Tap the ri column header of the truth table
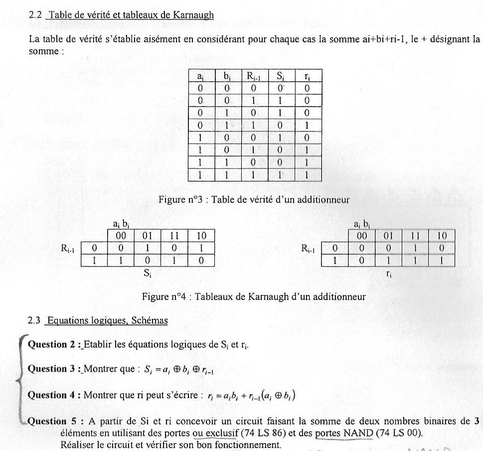tap(308, 76)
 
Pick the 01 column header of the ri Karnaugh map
tap(388, 235)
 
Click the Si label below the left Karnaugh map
tap(148, 273)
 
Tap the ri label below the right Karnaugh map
tap(389, 273)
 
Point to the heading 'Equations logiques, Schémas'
tap(106, 320)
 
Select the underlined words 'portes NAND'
tap(344, 433)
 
